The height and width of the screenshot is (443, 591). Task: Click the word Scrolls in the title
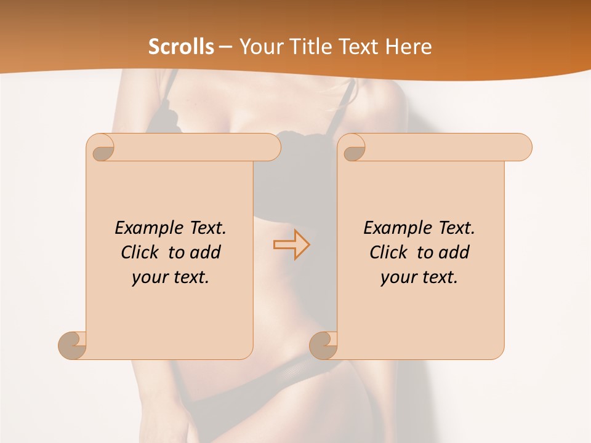point(181,47)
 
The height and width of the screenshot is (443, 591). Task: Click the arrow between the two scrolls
point(291,245)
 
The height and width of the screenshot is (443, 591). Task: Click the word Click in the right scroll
point(389,252)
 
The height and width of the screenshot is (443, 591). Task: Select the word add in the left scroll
point(206,252)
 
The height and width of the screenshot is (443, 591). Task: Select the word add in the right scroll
point(454,252)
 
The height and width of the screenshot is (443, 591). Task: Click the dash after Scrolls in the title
point(226,47)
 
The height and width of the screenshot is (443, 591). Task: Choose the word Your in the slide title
point(257,47)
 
